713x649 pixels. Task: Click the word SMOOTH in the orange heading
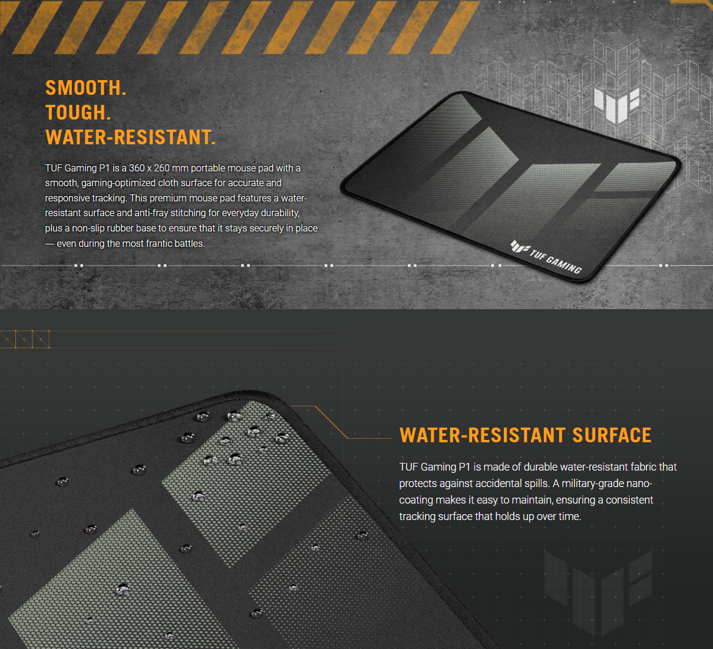pyautogui.click(x=83, y=88)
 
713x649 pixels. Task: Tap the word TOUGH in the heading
pyautogui.click(x=75, y=112)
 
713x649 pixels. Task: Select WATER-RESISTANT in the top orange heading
pyautogui.click(x=128, y=137)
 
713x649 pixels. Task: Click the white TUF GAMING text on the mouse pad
pyautogui.click(x=556, y=261)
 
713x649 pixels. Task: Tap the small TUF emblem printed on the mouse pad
pyautogui.click(x=520, y=247)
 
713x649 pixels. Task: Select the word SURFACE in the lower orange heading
pyautogui.click(x=612, y=435)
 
